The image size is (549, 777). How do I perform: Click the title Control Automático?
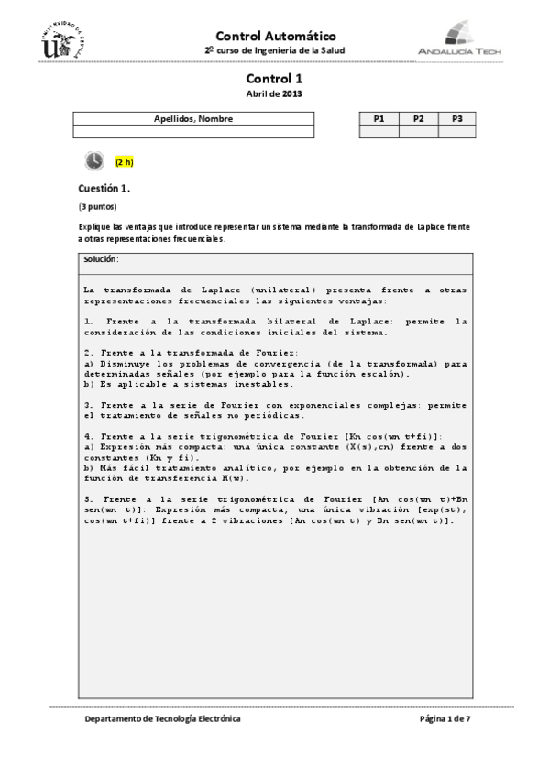[x=274, y=34]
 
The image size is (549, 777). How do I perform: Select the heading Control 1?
[x=274, y=80]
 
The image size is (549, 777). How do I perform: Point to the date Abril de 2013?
[x=274, y=93]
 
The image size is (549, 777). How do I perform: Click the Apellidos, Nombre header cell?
[x=192, y=119]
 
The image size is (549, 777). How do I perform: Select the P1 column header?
[x=379, y=119]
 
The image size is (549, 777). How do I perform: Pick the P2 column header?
[x=418, y=119]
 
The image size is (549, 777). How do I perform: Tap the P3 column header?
[x=457, y=119]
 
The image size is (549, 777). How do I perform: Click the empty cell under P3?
[x=457, y=132]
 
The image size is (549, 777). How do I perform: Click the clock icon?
[x=93, y=161]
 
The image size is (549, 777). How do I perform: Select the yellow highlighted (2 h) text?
[x=124, y=162]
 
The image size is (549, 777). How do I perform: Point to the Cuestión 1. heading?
[x=104, y=188]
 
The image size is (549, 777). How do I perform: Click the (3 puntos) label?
[x=97, y=206]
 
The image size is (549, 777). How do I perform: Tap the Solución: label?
[x=101, y=260]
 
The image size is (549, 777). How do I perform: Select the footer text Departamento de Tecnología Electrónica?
[x=162, y=720]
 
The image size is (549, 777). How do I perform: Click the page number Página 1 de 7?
[x=445, y=720]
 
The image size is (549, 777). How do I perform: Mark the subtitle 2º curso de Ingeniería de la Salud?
[x=274, y=49]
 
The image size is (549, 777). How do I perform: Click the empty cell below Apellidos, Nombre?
[x=192, y=132]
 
